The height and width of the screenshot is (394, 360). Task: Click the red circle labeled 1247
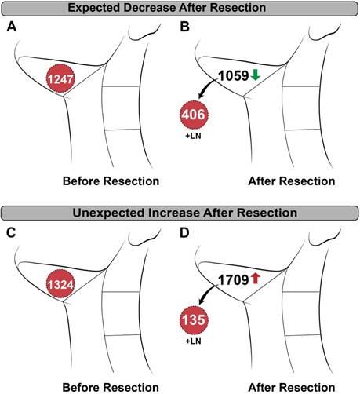pyautogui.click(x=60, y=78)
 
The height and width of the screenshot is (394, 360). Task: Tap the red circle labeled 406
pyautogui.click(x=194, y=115)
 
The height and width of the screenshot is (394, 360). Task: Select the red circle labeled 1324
pyautogui.click(x=60, y=284)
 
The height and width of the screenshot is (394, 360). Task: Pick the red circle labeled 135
pyautogui.click(x=194, y=320)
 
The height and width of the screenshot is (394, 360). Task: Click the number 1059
pyautogui.click(x=234, y=76)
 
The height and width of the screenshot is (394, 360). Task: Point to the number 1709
pyautogui.click(x=234, y=280)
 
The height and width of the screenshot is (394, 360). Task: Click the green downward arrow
pyautogui.click(x=256, y=75)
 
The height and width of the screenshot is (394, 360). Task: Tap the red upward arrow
pyautogui.click(x=256, y=279)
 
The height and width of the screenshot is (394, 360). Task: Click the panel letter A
pyautogui.click(x=12, y=27)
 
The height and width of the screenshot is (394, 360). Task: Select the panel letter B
pyautogui.click(x=185, y=27)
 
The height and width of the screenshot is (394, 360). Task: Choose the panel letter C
pyautogui.click(x=12, y=233)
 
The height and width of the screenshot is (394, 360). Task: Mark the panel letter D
pyautogui.click(x=185, y=233)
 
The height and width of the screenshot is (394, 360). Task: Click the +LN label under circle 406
pyautogui.click(x=194, y=136)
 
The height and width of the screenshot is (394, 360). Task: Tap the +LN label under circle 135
pyautogui.click(x=194, y=341)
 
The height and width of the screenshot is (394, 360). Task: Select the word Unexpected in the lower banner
pyautogui.click(x=108, y=213)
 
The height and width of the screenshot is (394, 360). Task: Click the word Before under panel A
pyautogui.click(x=81, y=181)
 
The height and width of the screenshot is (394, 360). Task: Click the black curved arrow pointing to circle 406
pyautogui.click(x=206, y=89)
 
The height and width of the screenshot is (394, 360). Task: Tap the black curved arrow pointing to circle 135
pyautogui.click(x=206, y=294)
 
